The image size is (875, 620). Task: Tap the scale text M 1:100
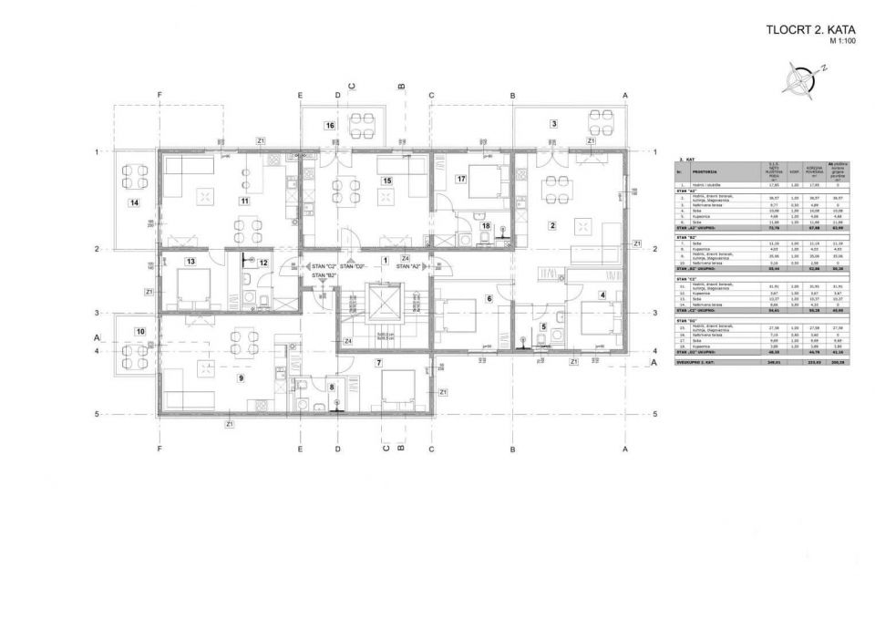[843, 42]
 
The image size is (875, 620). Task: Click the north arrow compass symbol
[806, 79]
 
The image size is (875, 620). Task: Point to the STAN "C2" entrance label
[324, 266]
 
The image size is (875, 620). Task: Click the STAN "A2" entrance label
[408, 266]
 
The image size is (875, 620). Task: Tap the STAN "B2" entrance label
[324, 274]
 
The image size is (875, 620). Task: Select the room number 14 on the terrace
[134, 202]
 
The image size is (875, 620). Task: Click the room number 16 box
[329, 125]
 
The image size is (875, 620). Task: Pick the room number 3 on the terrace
[552, 123]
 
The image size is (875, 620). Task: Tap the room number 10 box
[139, 331]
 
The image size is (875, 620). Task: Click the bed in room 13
[193, 290]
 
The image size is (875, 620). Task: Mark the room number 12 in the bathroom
[262, 263]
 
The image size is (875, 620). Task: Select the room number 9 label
[241, 377]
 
